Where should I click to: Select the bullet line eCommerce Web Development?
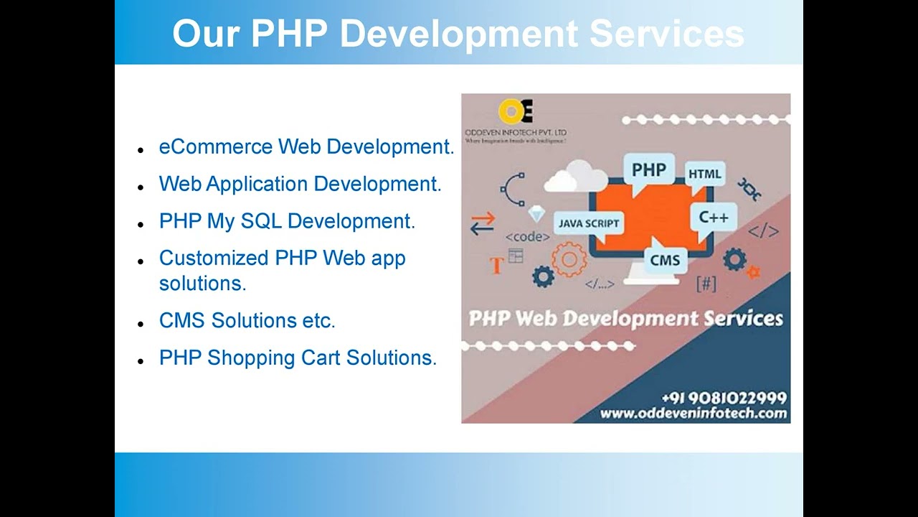point(306,147)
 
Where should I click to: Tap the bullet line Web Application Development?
point(300,184)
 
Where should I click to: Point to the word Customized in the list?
point(214,258)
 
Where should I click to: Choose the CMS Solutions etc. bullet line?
point(247,320)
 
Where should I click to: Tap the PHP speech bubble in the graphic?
point(648,170)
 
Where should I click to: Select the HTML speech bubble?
point(704,174)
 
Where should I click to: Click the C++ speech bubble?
point(713,217)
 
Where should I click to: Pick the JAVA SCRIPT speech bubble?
point(589,223)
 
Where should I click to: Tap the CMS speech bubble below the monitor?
point(665,259)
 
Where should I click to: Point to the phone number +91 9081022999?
point(724,398)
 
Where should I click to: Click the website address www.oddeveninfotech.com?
point(693,413)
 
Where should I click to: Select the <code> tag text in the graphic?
point(527,237)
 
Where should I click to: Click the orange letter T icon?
point(496,265)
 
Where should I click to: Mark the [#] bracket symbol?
point(706,284)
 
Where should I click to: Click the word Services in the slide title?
point(666,34)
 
